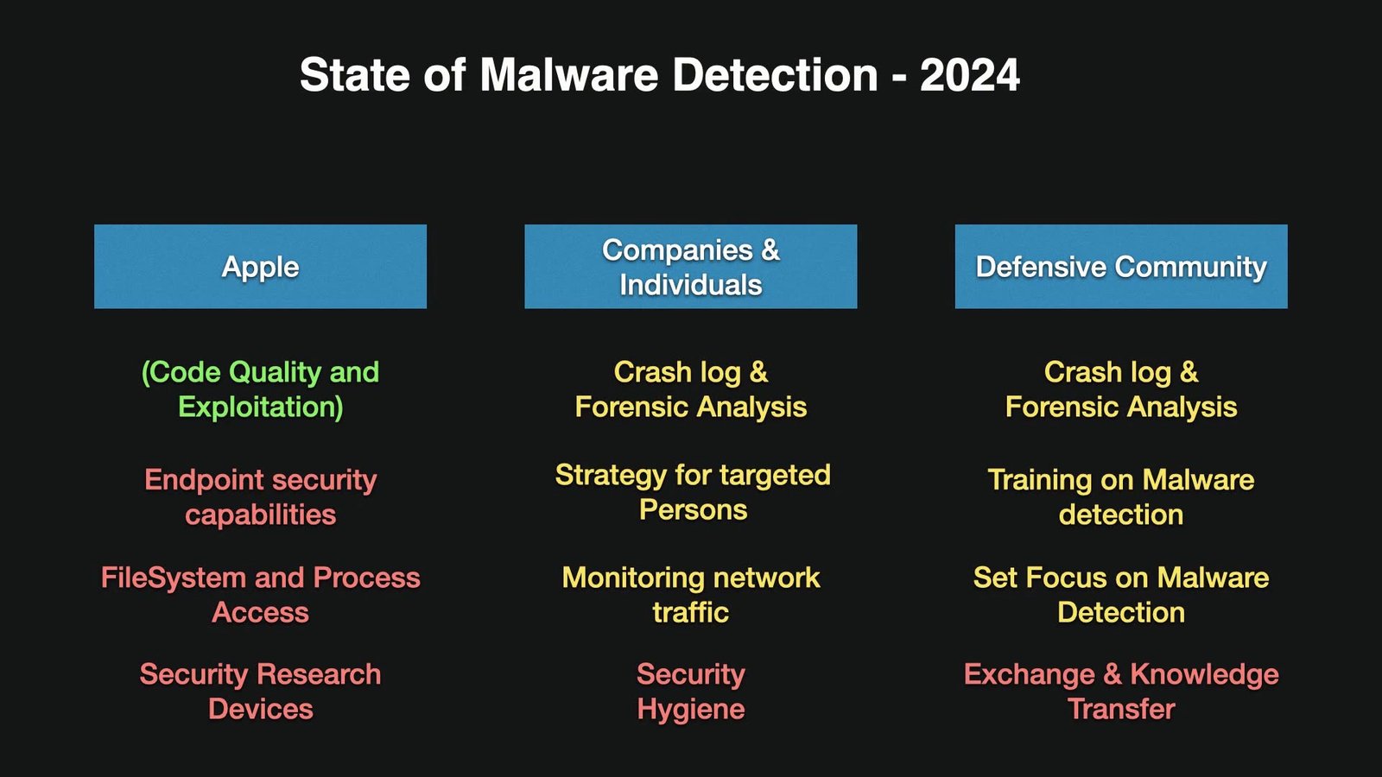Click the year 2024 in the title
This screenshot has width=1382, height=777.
969,75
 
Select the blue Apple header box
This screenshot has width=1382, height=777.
260,267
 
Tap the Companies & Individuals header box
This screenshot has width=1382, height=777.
690,267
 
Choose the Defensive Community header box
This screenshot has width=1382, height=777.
1121,267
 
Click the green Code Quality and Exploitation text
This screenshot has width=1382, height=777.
260,389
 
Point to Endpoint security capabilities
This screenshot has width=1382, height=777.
260,497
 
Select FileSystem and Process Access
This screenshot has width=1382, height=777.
260,595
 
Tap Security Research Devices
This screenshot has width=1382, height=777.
260,692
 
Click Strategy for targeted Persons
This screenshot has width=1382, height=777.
693,492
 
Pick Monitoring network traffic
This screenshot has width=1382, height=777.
691,595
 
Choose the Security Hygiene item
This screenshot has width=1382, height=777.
691,692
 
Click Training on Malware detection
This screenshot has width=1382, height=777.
1121,497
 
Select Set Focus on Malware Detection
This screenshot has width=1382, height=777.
1121,595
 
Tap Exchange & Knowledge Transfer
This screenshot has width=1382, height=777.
1121,692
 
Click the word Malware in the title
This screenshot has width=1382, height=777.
569,75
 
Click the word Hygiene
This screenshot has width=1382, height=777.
691,710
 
